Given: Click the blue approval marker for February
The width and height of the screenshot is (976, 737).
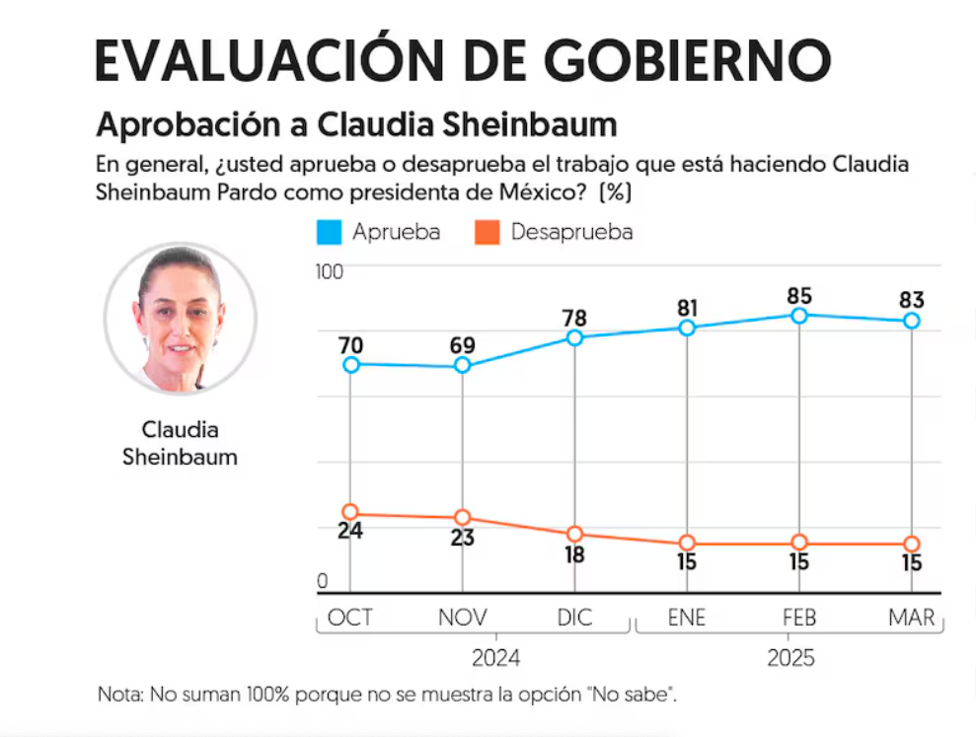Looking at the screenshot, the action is (799, 316).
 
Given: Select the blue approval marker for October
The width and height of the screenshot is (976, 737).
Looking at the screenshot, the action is (351, 365).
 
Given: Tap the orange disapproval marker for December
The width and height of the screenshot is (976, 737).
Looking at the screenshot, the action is (575, 534).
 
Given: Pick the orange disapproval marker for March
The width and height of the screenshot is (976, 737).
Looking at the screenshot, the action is (912, 544).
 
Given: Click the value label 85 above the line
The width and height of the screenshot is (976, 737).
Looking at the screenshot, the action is (800, 296).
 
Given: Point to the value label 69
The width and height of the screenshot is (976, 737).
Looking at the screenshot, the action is (463, 345).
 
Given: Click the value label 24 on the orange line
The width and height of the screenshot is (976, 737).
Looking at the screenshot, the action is (350, 531).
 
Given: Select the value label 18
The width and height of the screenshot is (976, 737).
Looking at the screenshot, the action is (574, 554).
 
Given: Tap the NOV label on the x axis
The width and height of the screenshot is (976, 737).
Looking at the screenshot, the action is (463, 618).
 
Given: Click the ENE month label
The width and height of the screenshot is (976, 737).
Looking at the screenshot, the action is (687, 618).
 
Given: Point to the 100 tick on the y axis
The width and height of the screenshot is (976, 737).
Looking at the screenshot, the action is (330, 272).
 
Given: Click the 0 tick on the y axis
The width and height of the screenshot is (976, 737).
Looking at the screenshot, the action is (323, 581).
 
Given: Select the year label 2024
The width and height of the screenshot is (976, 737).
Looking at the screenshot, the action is (496, 658).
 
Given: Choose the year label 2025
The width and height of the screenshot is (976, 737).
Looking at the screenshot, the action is (790, 658).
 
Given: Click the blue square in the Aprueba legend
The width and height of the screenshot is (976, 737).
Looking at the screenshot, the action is (330, 232).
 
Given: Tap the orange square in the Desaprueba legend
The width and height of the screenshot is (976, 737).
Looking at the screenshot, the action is (488, 232).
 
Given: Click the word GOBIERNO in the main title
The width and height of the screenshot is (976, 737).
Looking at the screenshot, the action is (688, 60).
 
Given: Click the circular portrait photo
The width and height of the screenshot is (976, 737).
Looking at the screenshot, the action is (181, 319).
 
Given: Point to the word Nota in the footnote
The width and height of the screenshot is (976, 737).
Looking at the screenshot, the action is (120, 694).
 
